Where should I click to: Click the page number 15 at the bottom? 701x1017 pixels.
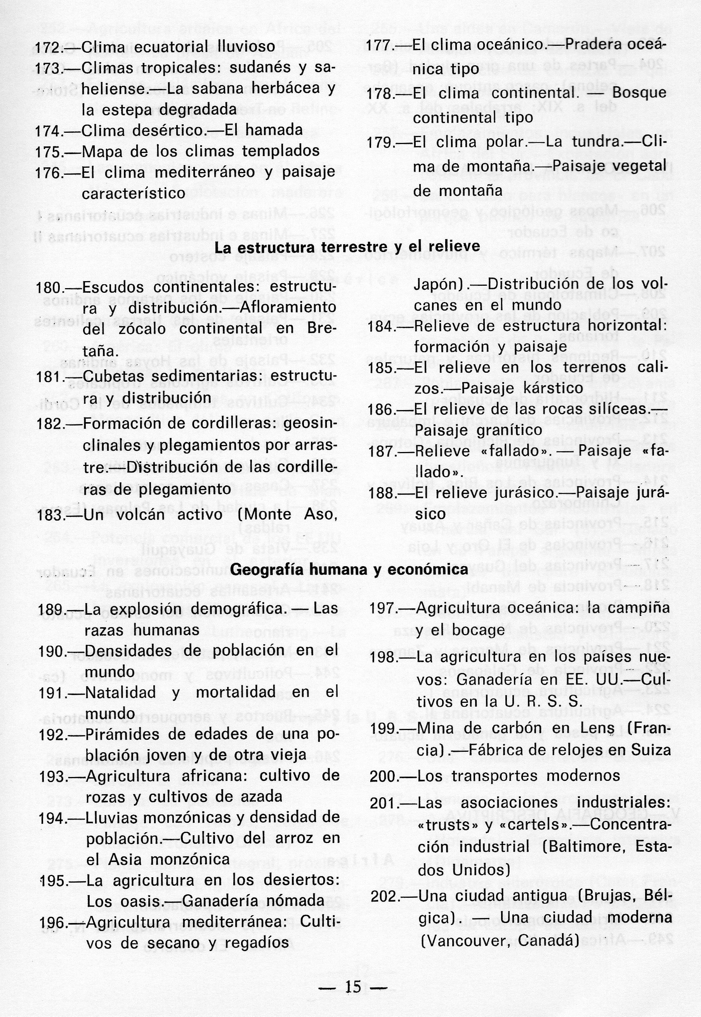[x=353, y=974]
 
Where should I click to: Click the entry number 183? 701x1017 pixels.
[x=49, y=515]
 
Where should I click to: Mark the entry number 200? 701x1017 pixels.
[x=383, y=776]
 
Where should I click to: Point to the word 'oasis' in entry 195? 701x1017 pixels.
[x=135, y=901]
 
